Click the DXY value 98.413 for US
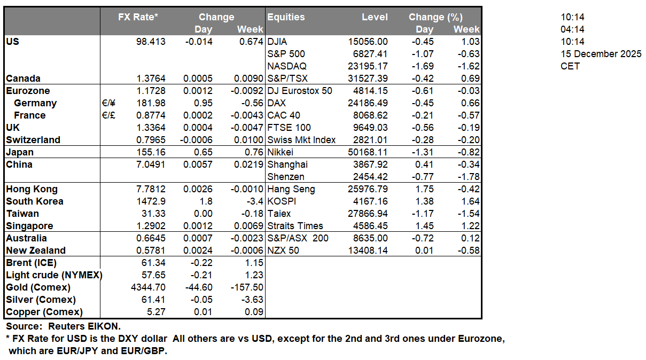coord(151,42)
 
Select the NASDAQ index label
coord(286,66)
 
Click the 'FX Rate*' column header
coord(138,17)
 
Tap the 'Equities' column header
coord(286,17)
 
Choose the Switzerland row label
coord(33,140)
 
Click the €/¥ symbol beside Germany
coord(108,103)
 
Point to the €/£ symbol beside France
coord(108,115)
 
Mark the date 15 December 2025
coord(601,54)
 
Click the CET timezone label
coord(570,66)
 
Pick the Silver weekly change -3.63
coord(251,300)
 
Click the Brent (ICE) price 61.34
coord(154,263)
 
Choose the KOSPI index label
coord(281,201)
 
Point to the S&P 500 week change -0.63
coord(468,54)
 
